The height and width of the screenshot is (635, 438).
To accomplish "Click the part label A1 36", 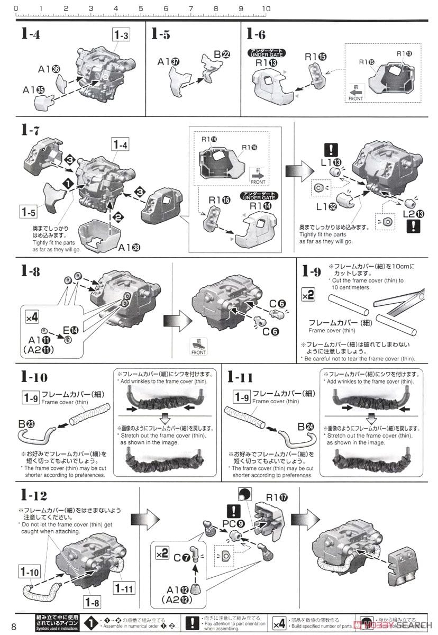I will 49,69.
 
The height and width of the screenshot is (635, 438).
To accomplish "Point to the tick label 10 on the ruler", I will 266,8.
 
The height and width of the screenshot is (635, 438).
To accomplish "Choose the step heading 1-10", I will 34,377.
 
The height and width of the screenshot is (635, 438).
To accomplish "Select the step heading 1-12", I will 34,495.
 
